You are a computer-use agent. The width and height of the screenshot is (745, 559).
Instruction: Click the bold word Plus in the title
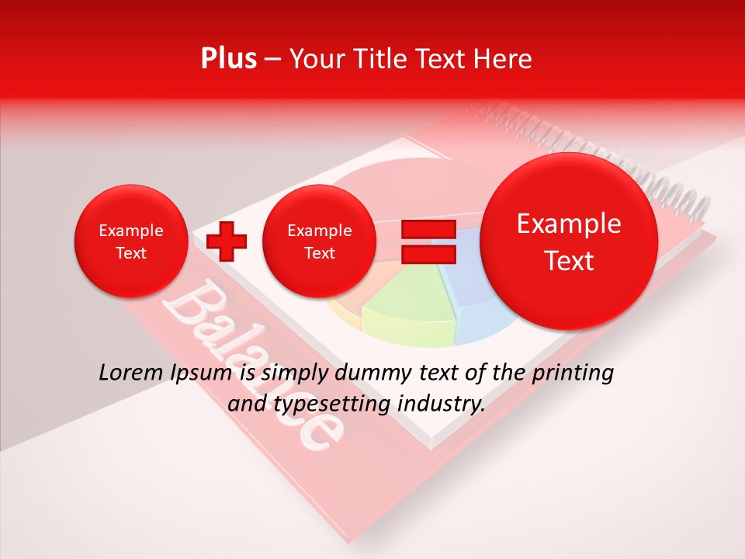coord(228,59)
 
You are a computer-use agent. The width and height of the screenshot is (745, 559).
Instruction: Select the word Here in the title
coord(504,59)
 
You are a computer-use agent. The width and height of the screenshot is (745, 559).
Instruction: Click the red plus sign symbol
coord(227,241)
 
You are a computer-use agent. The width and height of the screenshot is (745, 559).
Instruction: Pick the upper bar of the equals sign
coord(428,229)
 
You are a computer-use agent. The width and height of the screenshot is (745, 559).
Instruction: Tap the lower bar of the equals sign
coord(428,254)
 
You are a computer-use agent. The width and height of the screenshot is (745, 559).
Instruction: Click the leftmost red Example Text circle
coord(130,241)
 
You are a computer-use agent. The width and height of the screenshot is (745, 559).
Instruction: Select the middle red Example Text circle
coord(319,241)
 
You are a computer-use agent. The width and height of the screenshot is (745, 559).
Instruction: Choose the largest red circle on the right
coord(569,241)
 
